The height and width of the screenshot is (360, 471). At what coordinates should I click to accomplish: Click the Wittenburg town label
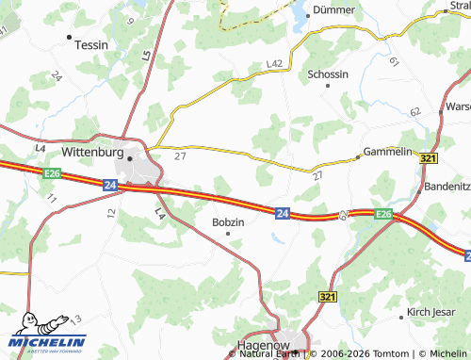click(92, 150)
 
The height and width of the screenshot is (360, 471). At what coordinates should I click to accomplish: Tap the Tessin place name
click(90, 44)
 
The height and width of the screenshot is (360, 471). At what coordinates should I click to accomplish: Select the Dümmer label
click(335, 11)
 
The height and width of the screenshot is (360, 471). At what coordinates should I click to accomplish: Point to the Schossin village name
click(328, 74)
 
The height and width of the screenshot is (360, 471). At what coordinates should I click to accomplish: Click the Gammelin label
click(388, 152)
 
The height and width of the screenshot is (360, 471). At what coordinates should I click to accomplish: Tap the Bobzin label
click(229, 222)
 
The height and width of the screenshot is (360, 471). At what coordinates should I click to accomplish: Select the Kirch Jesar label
click(430, 311)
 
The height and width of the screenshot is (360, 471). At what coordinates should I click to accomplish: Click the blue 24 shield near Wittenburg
click(110, 187)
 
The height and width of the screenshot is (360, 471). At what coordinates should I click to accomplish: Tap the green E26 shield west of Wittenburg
click(52, 172)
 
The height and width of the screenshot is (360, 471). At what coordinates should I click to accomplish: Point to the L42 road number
click(274, 63)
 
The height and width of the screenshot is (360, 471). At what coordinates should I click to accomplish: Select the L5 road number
click(147, 57)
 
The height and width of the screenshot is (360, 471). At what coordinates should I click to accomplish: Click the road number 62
click(414, 112)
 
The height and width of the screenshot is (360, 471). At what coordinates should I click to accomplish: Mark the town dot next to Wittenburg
click(130, 158)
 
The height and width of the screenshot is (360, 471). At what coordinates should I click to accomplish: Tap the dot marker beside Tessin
click(71, 37)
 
